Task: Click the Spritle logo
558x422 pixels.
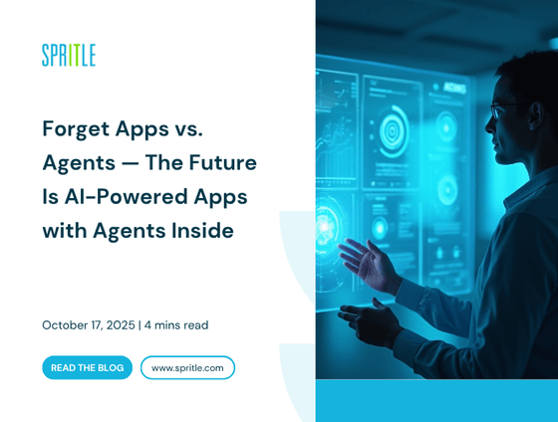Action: (x=69, y=56)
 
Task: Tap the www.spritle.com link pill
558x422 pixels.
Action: (x=187, y=367)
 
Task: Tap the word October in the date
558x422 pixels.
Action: (x=67, y=324)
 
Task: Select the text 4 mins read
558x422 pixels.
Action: (x=176, y=324)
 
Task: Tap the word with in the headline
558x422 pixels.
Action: (x=64, y=230)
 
